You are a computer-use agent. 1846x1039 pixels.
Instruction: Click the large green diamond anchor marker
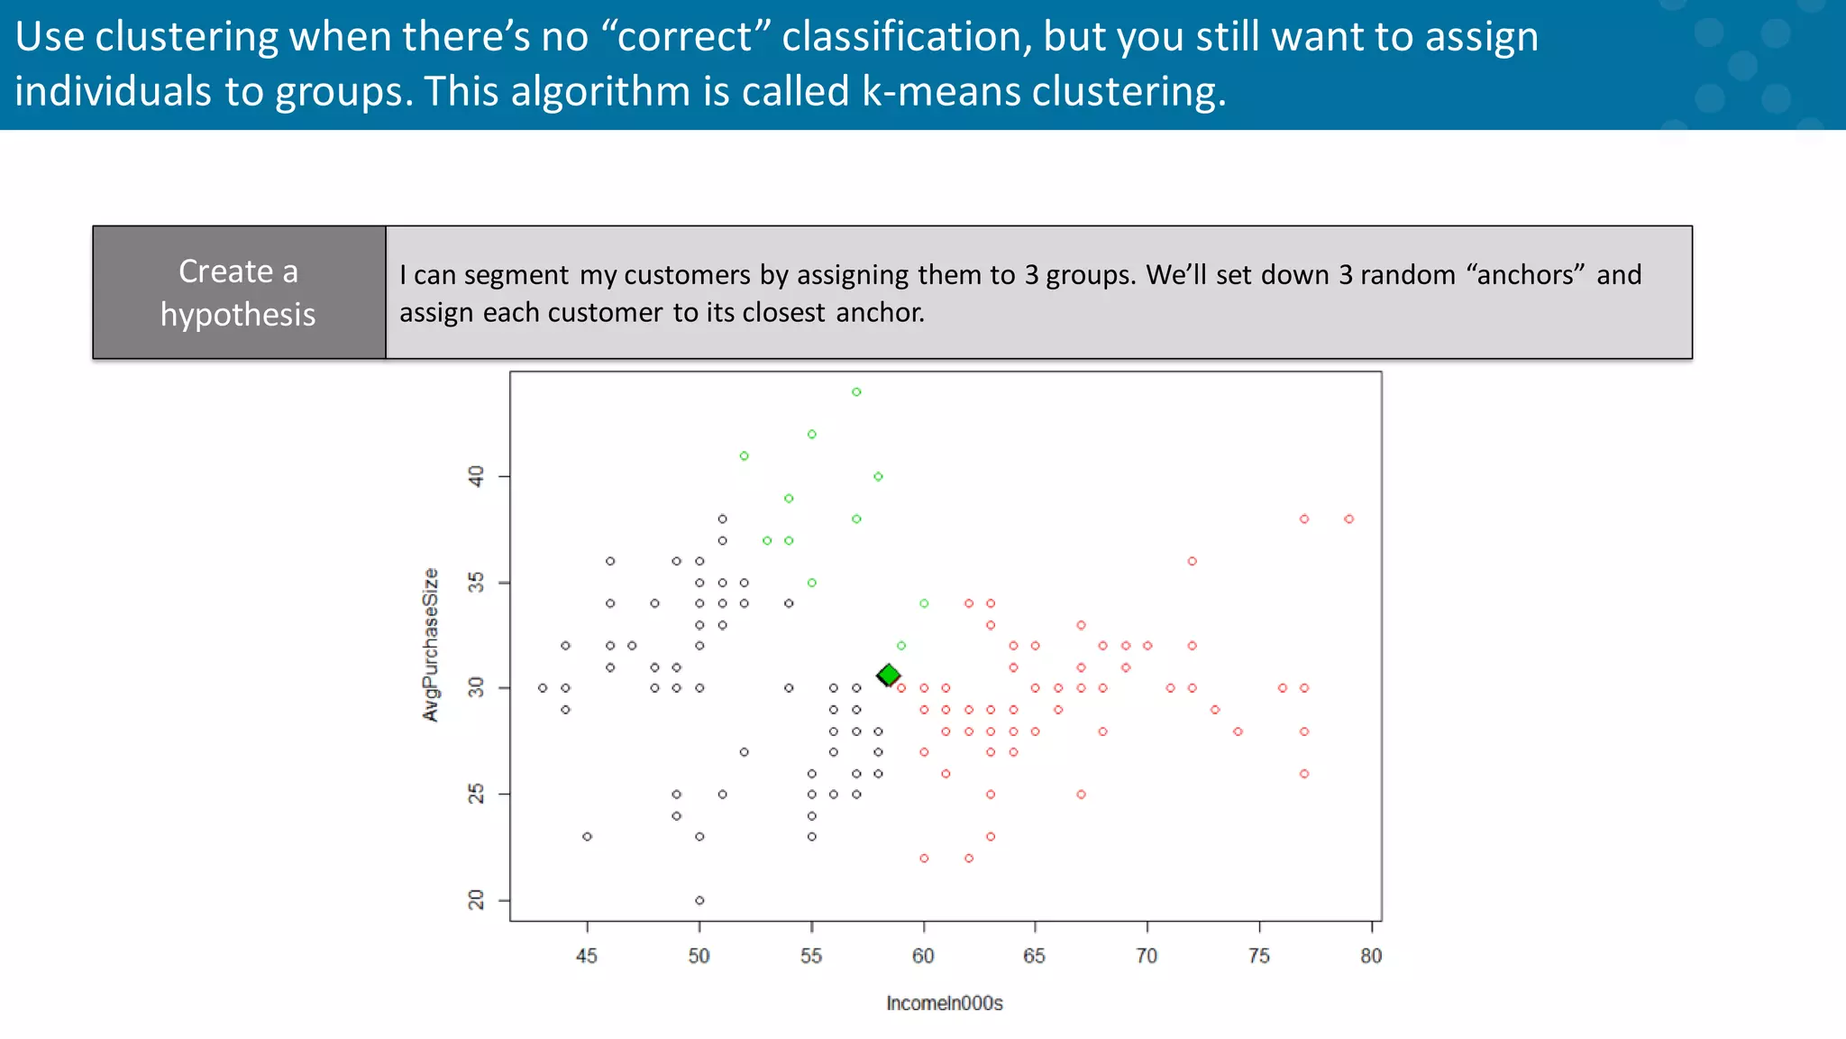(889, 675)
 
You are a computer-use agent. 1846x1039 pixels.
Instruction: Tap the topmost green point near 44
(856, 391)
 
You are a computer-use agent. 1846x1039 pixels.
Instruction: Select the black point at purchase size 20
(699, 900)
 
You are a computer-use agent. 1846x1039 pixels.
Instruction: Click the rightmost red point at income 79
(1348, 519)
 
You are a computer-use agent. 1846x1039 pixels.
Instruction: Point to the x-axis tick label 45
(587, 956)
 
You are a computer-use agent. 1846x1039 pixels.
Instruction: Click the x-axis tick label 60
(923, 956)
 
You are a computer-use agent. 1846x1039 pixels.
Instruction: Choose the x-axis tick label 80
(1370, 956)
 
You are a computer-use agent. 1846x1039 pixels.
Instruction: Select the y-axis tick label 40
(476, 475)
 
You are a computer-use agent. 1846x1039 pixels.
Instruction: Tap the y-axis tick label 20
(476, 899)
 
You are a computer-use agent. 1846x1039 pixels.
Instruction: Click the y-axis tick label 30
(476, 688)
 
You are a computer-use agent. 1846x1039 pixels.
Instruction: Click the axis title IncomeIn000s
(944, 1003)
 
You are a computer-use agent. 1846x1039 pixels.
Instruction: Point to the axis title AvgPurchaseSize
(431, 644)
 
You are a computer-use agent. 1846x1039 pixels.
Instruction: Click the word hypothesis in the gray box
(238, 315)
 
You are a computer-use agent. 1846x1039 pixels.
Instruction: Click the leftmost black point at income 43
(543, 688)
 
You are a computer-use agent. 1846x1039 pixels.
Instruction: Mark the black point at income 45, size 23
(587, 836)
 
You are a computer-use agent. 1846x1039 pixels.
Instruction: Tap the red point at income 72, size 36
(1192, 561)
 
